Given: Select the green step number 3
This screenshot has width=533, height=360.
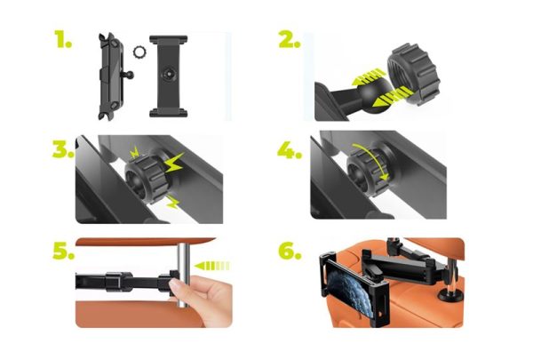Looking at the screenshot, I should coord(61,149).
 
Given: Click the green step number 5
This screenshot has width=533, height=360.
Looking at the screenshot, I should coord(60,252).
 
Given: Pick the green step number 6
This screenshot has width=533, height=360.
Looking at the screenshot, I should coord(289,252).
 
